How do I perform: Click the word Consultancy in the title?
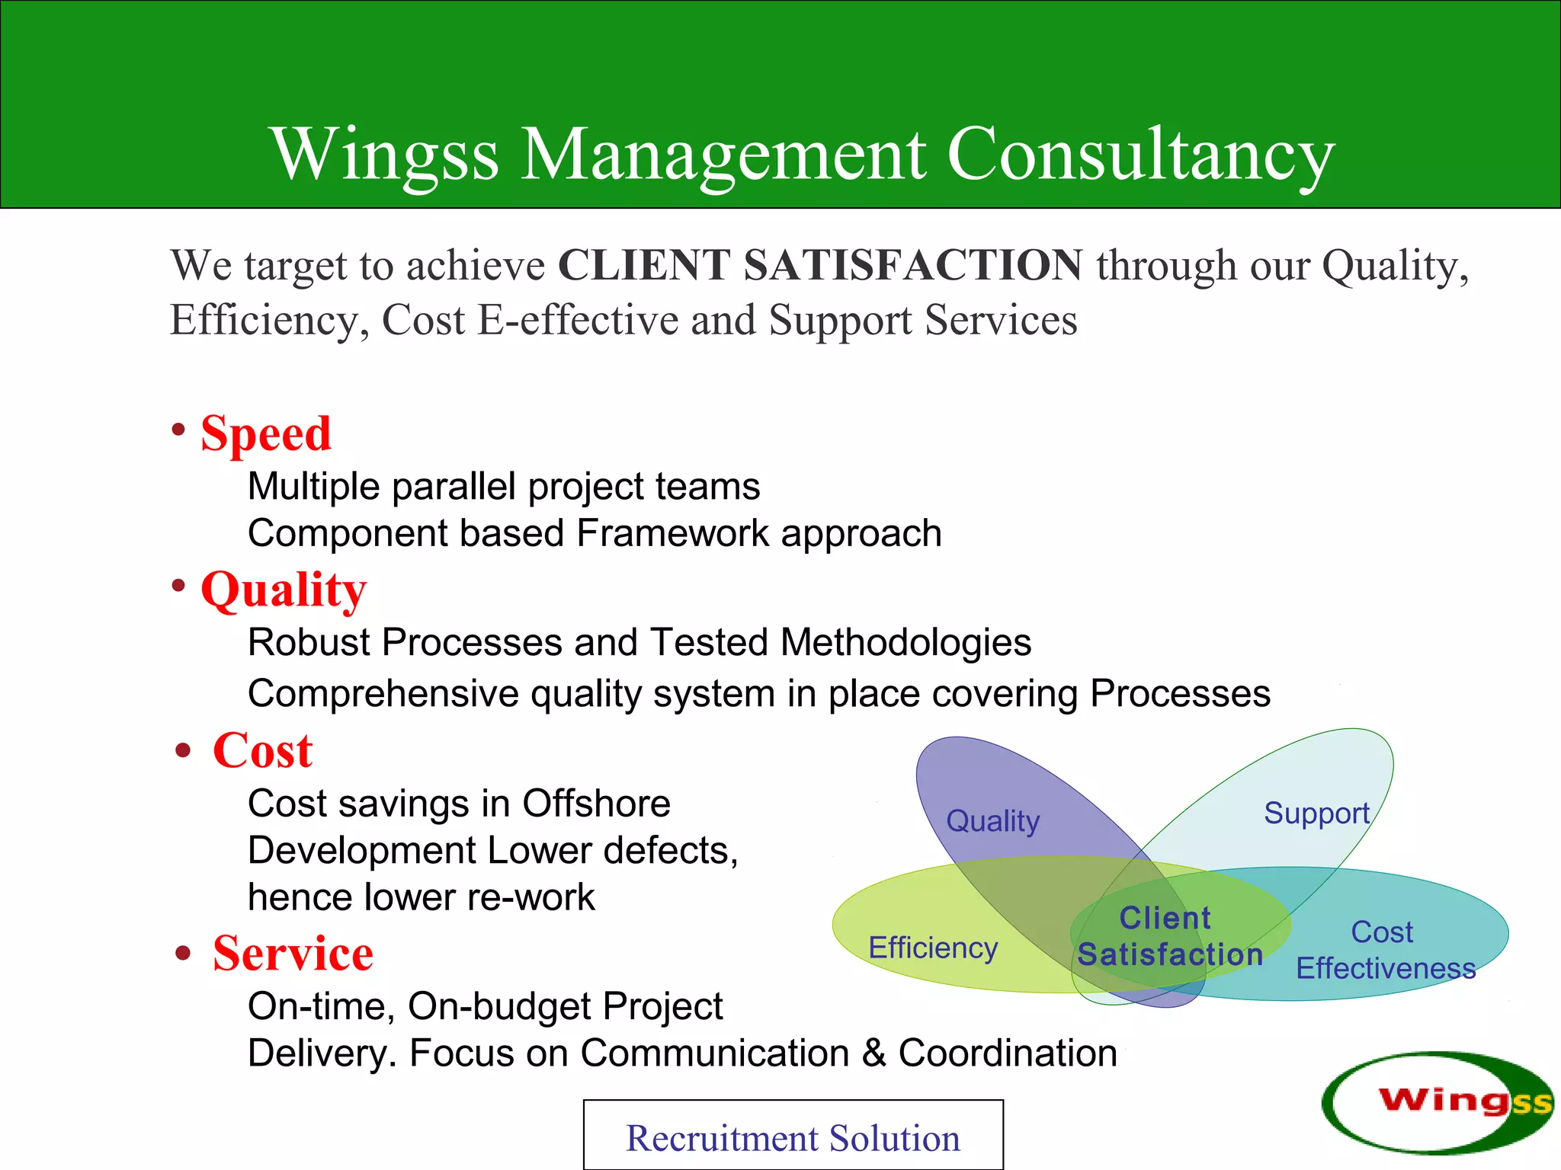pyautogui.click(x=1140, y=155)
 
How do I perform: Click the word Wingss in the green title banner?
pyautogui.click(x=385, y=155)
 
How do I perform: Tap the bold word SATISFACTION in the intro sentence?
pyautogui.click(x=912, y=265)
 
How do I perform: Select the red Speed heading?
pyautogui.click(x=266, y=433)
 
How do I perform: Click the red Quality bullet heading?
pyautogui.click(x=284, y=590)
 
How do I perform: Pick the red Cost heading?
pyautogui.click(x=262, y=750)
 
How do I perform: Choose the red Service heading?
pyautogui.click(x=293, y=953)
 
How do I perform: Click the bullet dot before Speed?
pyautogui.click(x=178, y=430)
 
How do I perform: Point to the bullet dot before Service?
pyautogui.click(x=182, y=953)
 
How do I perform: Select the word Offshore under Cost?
pyautogui.click(x=596, y=804)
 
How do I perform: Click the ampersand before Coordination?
pyautogui.click(x=873, y=1053)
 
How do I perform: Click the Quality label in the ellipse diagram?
pyautogui.click(x=992, y=821)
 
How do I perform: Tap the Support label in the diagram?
pyautogui.click(x=1316, y=814)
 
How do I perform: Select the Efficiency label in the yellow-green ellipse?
pyautogui.click(x=933, y=948)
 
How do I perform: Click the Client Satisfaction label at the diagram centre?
pyautogui.click(x=1169, y=936)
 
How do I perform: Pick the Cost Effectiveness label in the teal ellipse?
pyautogui.click(x=1385, y=951)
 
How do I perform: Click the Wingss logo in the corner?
pyautogui.click(x=1437, y=1101)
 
